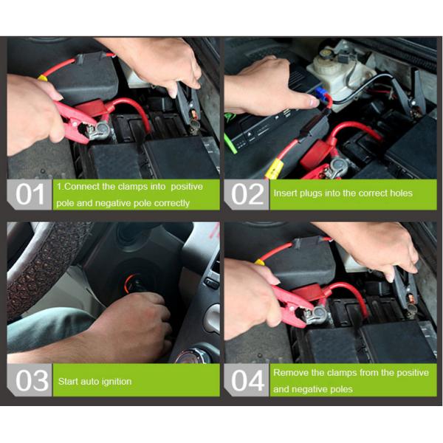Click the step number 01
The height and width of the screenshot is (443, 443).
[x=30, y=194]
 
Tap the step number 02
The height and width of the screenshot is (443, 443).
[x=247, y=194]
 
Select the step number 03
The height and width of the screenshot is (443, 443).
[x=32, y=380]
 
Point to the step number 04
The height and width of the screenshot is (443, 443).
[x=248, y=380]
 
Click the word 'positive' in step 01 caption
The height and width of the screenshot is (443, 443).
[x=187, y=187]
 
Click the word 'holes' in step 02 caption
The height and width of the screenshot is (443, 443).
[x=401, y=193]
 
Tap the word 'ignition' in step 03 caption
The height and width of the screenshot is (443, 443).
[x=117, y=382]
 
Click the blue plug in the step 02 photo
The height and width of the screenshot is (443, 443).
[x=320, y=92]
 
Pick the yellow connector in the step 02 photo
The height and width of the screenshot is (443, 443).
[x=273, y=168]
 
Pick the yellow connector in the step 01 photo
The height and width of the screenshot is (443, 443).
[x=43, y=78]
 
